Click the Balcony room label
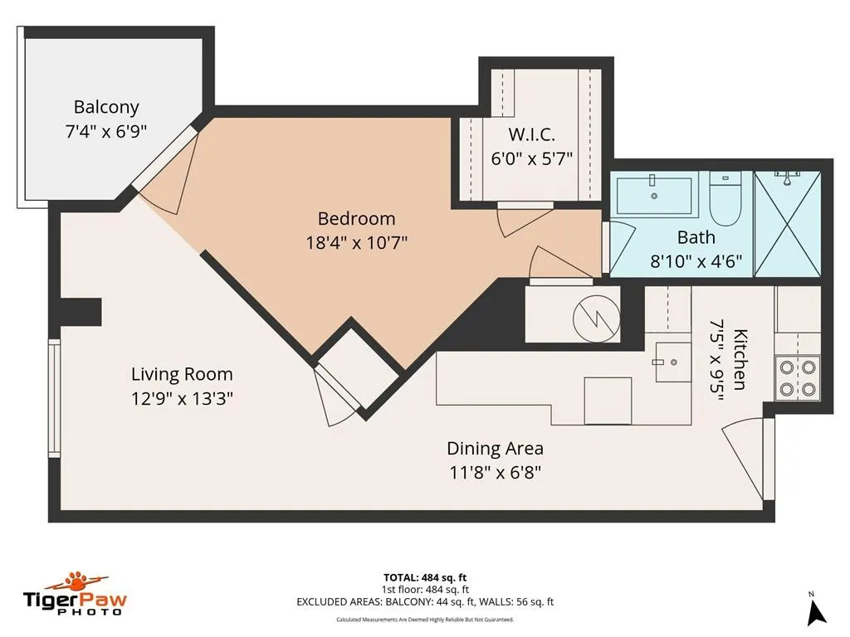click(x=106, y=107)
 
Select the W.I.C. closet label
click(x=531, y=134)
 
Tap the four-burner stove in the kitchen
click(x=798, y=377)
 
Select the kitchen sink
click(x=672, y=362)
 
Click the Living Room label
click(x=182, y=374)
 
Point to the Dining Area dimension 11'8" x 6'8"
click(x=496, y=473)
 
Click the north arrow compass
click(x=817, y=611)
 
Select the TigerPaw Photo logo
click(x=75, y=593)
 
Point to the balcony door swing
click(x=171, y=171)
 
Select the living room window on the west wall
click(x=54, y=398)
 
